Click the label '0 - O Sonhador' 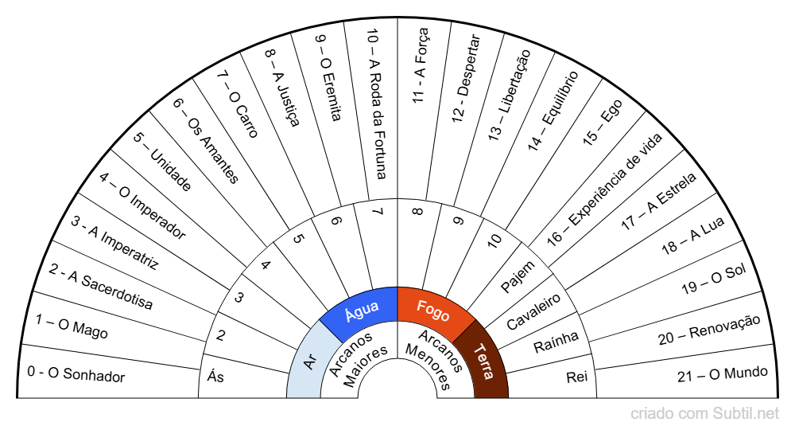[76, 374]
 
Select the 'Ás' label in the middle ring [215, 377]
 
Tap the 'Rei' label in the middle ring [576, 376]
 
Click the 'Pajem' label [518, 279]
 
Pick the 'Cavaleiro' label [534, 311]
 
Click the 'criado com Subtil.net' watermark [704, 414]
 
